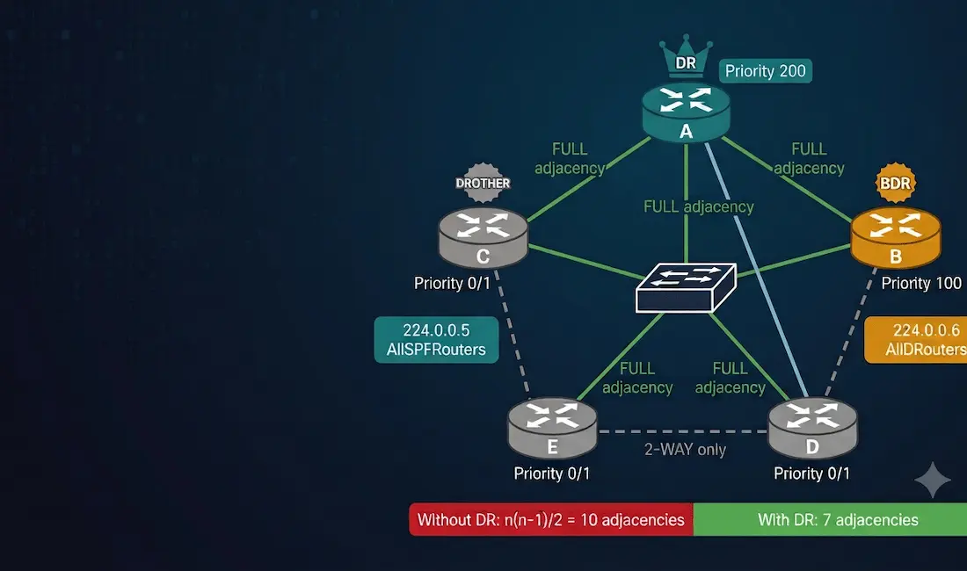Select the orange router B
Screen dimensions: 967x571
(x=896, y=238)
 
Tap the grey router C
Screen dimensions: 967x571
(x=483, y=238)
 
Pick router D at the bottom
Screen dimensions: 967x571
(x=812, y=428)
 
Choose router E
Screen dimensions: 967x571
(x=552, y=428)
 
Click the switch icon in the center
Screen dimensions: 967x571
(x=686, y=287)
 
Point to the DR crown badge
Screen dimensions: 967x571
(x=686, y=57)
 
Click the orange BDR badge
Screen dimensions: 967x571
(x=896, y=183)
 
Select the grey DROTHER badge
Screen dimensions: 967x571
(x=483, y=183)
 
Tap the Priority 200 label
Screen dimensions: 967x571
(x=766, y=71)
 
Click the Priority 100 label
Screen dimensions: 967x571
(x=921, y=284)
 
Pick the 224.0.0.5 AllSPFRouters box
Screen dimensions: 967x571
(x=436, y=339)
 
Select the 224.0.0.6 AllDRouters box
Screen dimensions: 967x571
(x=916, y=339)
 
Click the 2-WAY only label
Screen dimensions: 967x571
(x=685, y=450)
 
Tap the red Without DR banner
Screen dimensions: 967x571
(x=550, y=519)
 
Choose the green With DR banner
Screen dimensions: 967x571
(x=830, y=519)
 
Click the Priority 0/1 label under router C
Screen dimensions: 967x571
(x=452, y=284)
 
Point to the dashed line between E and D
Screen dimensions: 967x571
(x=683, y=431)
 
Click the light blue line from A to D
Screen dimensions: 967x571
(x=756, y=271)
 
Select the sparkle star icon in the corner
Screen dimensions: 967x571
(x=933, y=480)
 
